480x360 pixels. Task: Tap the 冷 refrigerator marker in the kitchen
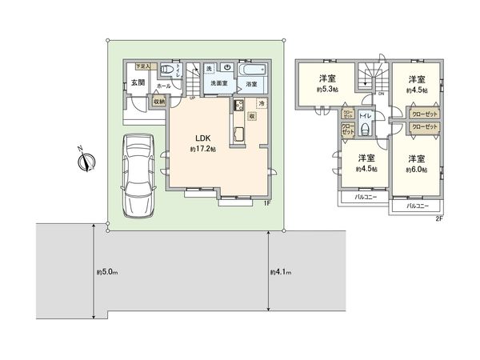point(261,105)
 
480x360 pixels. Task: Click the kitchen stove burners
point(238,106)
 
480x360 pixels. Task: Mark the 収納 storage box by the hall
point(158,102)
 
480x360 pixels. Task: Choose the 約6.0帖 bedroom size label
point(416,170)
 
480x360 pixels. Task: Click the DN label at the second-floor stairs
point(380,94)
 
